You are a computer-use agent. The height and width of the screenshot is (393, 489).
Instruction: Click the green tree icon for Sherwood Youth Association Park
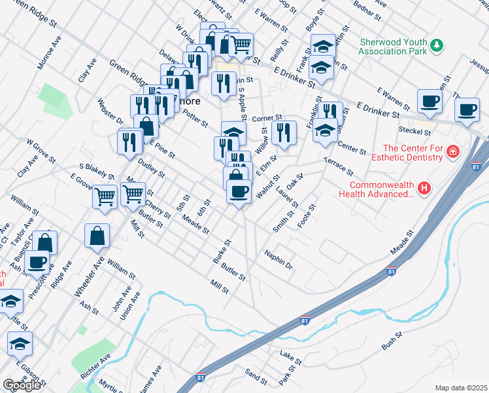click(437, 46)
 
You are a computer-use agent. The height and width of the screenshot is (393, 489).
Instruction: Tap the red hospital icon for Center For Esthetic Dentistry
click(452, 153)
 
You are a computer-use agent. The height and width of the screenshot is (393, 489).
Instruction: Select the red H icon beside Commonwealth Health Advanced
click(425, 189)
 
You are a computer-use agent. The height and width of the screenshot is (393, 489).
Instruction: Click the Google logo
click(22, 385)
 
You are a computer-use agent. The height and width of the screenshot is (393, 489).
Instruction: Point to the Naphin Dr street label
click(278, 259)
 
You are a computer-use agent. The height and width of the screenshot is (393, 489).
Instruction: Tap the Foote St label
click(307, 215)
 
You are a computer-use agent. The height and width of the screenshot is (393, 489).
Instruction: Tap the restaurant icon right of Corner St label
click(286, 133)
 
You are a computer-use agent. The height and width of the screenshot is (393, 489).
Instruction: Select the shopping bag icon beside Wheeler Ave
click(97, 236)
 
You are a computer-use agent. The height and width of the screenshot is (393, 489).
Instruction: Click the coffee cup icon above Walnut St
click(239, 191)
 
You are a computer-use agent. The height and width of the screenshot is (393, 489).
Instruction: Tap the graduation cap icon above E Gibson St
click(20, 343)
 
